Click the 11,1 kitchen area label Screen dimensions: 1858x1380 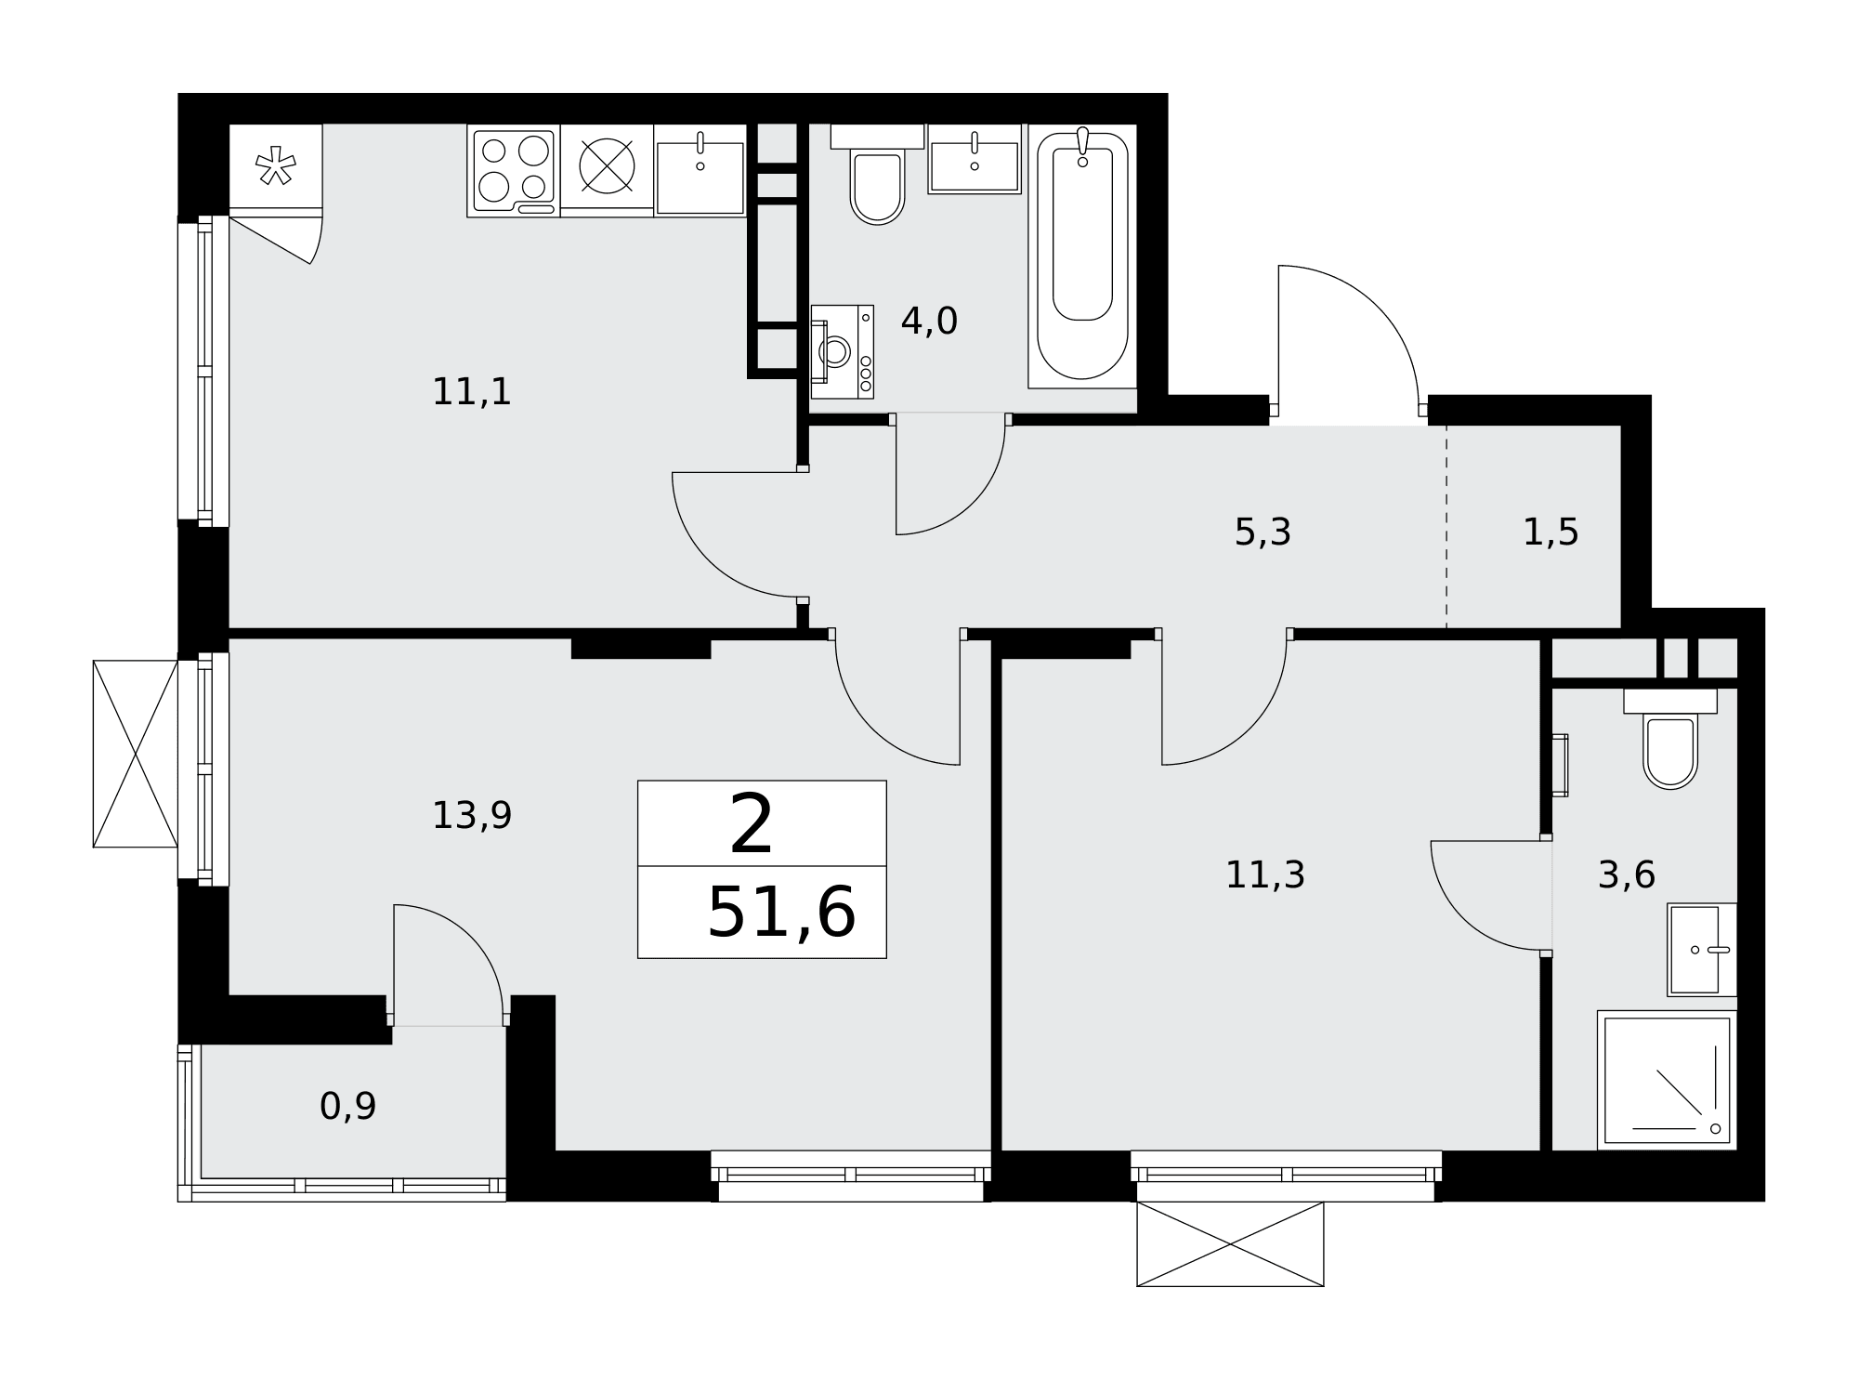coord(472,392)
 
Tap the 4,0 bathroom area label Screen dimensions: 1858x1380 coord(929,322)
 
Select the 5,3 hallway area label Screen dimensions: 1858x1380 coord(1263,532)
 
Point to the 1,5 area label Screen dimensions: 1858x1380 coord(1551,532)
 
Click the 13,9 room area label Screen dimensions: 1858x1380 coord(472,816)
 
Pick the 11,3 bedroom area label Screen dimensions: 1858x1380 coord(1265,875)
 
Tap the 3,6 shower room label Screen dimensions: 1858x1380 coord(1626,875)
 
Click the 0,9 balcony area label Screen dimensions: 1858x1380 coord(347,1107)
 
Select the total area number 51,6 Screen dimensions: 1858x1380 coord(780,913)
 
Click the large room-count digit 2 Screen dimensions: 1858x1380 coord(752,825)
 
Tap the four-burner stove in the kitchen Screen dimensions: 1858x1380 coord(514,171)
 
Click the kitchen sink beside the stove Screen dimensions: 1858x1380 coord(700,171)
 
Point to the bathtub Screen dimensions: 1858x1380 coord(1082,256)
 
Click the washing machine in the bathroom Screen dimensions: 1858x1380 coord(842,351)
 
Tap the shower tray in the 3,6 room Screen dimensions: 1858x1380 coord(1668,1080)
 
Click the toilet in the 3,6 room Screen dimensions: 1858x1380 coord(1670,740)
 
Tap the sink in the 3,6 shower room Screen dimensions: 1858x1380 coord(1702,950)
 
